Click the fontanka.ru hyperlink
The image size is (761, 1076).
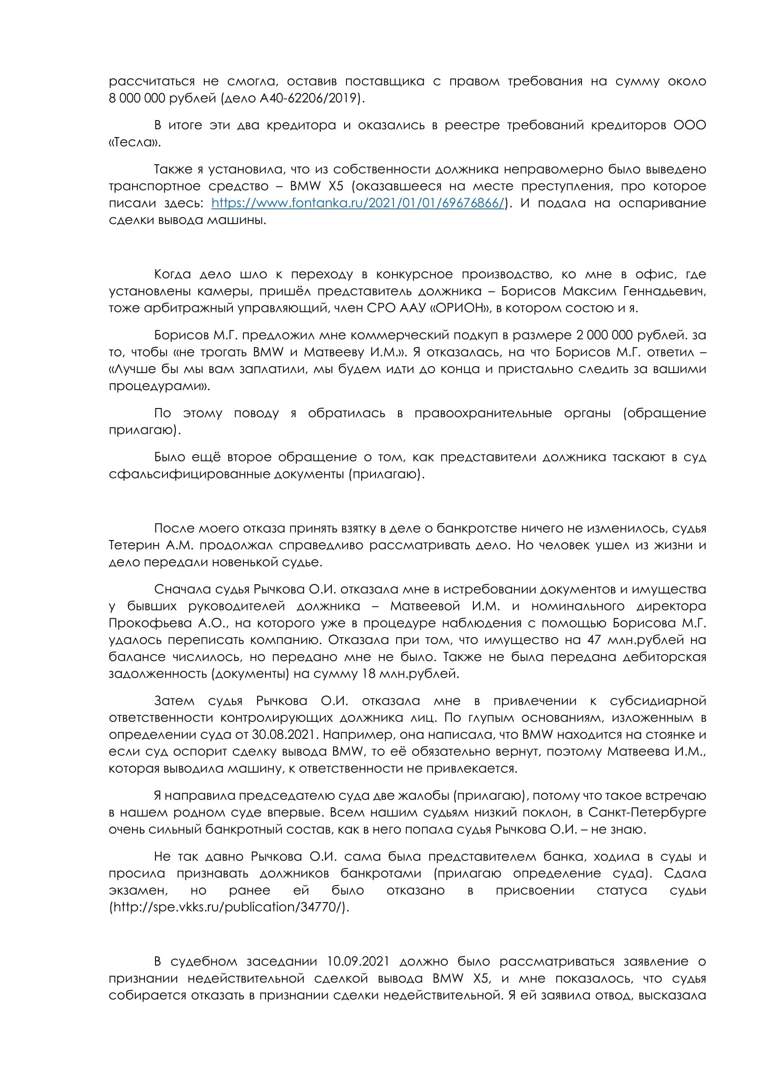(358, 203)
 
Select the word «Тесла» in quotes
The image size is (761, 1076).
(134, 143)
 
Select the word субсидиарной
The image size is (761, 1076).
(657, 701)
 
